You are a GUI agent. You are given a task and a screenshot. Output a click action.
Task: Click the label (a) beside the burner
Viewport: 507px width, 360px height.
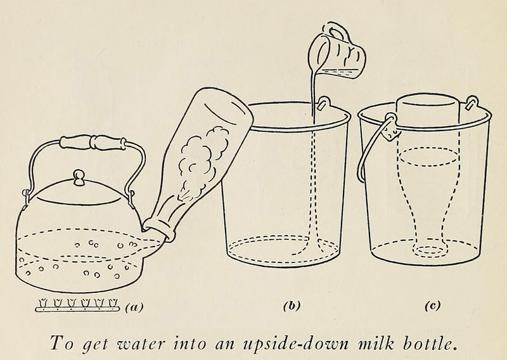(134, 307)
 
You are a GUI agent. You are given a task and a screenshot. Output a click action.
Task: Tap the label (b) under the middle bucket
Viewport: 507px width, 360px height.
(292, 305)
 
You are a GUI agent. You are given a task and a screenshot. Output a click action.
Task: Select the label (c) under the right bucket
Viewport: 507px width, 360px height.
(432, 305)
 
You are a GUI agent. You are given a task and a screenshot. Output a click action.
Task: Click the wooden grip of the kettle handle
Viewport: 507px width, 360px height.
(93, 143)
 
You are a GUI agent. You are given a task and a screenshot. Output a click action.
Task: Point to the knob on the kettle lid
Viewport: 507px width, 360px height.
(78, 177)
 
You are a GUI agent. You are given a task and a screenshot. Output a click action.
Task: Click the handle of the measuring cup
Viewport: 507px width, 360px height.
(333, 30)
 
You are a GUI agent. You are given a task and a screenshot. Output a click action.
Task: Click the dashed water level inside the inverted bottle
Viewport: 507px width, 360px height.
(429, 157)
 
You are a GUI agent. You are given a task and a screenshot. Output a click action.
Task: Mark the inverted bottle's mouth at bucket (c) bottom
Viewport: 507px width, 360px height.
(430, 249)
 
